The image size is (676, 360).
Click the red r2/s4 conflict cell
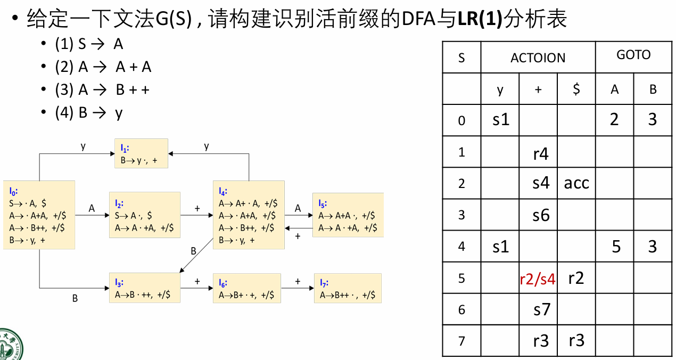point(538,279)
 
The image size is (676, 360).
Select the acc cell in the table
point(576,183)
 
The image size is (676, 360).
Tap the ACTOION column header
point(538,58)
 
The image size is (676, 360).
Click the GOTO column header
point(633,55)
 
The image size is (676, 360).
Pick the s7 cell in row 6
point(541,309)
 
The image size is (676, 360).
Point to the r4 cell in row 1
point(541,154)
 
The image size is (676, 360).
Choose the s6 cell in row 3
point(541,215)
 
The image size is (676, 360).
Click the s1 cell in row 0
point(500,119)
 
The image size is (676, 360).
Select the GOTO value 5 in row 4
point(615,247)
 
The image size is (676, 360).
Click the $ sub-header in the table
point(576,89)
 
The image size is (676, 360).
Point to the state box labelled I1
point(141,153)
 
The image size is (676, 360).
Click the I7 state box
point(347,288)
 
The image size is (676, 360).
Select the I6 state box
point(248,288)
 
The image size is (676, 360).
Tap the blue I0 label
point(13,190)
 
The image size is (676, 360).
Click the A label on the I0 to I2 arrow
point(92,209)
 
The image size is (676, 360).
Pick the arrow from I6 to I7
point(297,288)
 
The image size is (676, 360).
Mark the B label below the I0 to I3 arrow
point(75,299)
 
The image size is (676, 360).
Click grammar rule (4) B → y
point(89,113)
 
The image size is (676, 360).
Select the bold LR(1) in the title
point(480,19)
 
